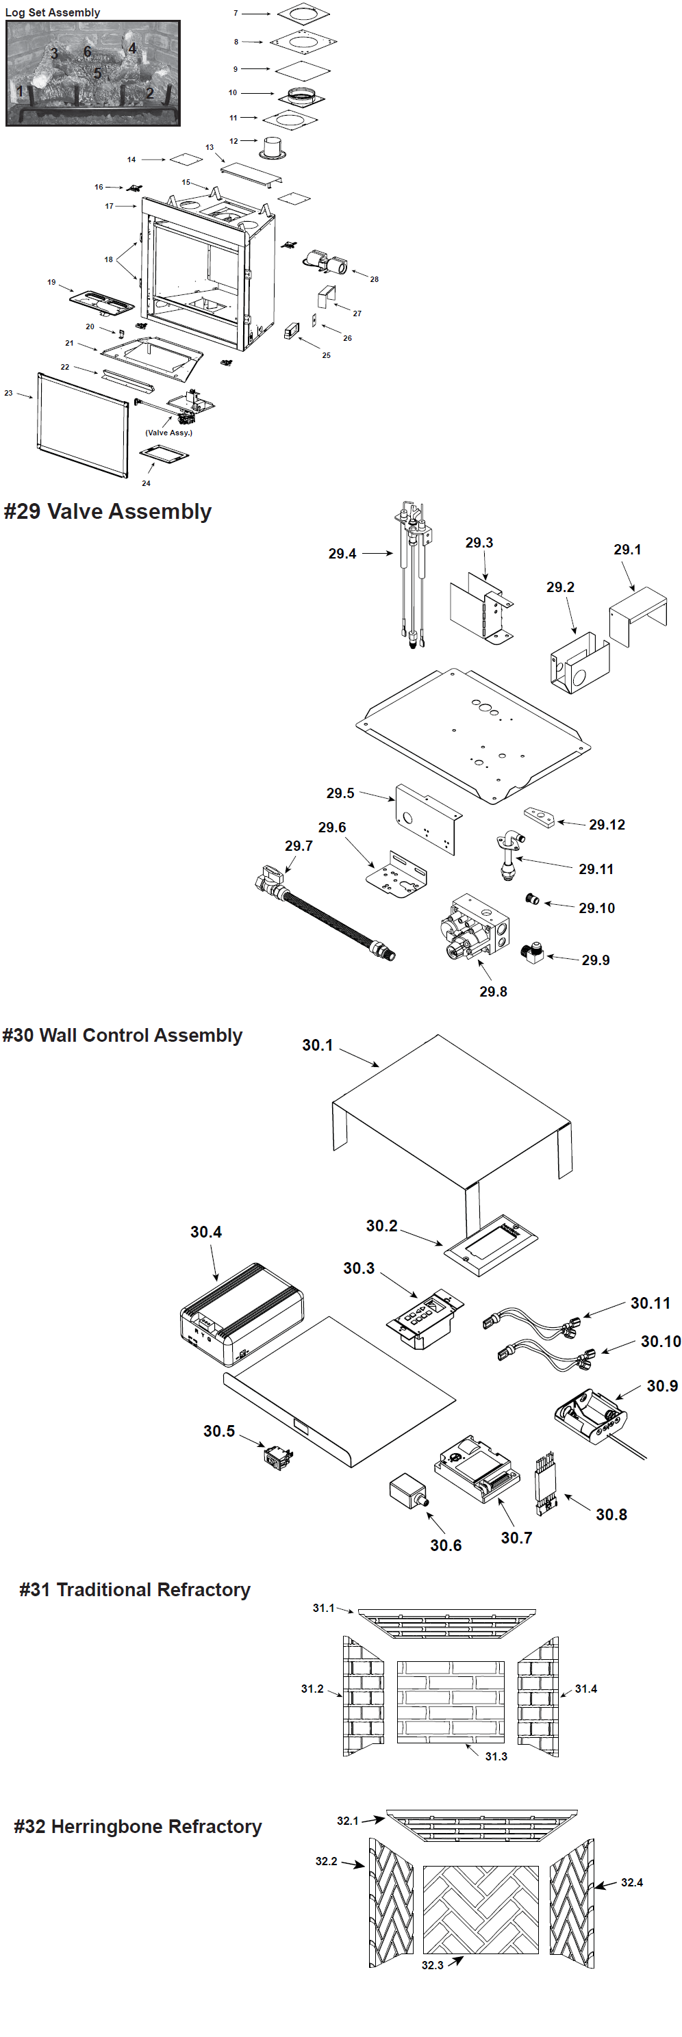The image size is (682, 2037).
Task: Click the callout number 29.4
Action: coord(342,554)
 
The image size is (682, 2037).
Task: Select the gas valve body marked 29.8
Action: coord(475,927)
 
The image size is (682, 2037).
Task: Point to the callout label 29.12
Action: coord(607,825)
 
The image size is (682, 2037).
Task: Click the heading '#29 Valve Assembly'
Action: coord(108,511)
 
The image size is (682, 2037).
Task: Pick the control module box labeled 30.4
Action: coord(240,1314)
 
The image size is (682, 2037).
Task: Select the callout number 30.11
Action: coord(650,1303)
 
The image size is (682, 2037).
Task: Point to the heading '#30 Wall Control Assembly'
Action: coord(123,1035)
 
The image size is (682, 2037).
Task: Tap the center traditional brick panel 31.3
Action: coord(450,1701)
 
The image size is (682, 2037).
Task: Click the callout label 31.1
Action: coord(323,1608)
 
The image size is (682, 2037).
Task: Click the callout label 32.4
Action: coord(631,1882)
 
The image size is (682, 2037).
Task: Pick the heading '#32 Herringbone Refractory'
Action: coord(138,1826)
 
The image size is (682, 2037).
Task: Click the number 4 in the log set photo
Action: coord(132,48)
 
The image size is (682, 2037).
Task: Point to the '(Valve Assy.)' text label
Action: coord(168,433)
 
